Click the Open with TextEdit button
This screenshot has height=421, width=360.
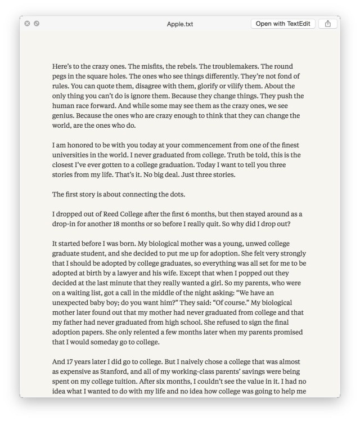[x=283, y=24]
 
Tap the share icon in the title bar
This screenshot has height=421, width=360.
[x=328, y=24]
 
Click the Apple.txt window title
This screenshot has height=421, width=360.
[x=179, y=24]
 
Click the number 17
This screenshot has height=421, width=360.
[x=73, y=362]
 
